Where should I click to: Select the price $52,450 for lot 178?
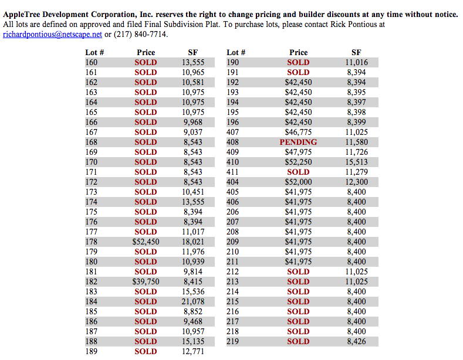pos(146,242)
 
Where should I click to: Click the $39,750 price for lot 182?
pos(146,281)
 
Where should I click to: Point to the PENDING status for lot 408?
pos(298,142)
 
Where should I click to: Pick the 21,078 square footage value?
pos(193,301)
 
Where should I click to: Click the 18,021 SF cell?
pos(193,242)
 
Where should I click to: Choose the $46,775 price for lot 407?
pos(298,132)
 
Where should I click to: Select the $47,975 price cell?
pos(298,152)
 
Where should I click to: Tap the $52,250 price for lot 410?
pos(298,162)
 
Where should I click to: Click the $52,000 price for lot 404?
pos(298,182)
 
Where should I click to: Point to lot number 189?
pos(92,351)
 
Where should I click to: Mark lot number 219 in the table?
pos(233,341)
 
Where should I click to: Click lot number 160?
pos(92,62)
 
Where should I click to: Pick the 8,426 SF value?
pos(356,341)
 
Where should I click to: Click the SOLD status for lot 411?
pos(298,172)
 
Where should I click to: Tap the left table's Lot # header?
pos(94,52)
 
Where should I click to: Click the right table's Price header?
pos(298,52)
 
